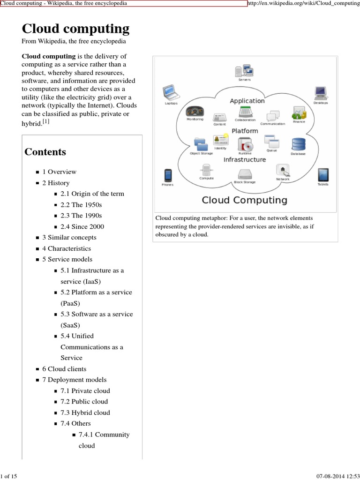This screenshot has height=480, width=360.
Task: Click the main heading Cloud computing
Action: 76,29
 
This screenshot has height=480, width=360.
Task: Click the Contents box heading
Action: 45,152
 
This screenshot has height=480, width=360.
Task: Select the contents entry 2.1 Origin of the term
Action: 92,194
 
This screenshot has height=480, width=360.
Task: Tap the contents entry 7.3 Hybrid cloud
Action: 85,412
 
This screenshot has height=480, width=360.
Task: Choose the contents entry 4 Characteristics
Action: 67,248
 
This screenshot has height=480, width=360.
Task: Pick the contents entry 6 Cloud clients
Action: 64,369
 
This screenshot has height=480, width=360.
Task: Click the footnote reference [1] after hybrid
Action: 45,121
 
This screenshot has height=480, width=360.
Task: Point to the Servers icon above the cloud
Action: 244,71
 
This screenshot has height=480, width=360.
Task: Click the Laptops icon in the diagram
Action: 169,92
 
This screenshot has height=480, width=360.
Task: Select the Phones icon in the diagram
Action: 167,176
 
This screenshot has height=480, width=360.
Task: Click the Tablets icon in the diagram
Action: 323,175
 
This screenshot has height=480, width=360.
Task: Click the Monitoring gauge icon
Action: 195,111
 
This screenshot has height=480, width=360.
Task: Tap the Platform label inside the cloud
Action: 245,131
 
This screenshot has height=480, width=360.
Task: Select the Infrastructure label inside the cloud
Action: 244,159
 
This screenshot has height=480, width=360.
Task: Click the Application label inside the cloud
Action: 247,101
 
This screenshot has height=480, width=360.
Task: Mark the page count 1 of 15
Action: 9,476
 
